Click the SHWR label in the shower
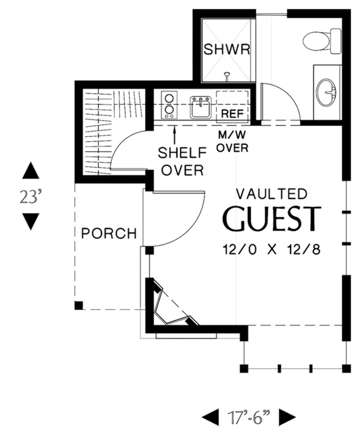click(227, 49)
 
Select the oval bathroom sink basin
click(326, 92)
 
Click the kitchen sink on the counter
click(200, 107)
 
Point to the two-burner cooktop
click(169, 105)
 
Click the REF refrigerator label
click(233, 114)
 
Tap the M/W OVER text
click(232, 141)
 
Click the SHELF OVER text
click(182, 161)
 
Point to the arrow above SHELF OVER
click(174, 135)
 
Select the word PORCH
click(109, 233)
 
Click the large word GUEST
click(272, 219)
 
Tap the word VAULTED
click(272, 194)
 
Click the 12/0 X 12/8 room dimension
click(272, 249)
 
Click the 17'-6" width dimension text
click(249, 417)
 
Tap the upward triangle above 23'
click(31, 170)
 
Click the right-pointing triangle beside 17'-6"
click(287, 417)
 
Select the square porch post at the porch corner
click(79, 306)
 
